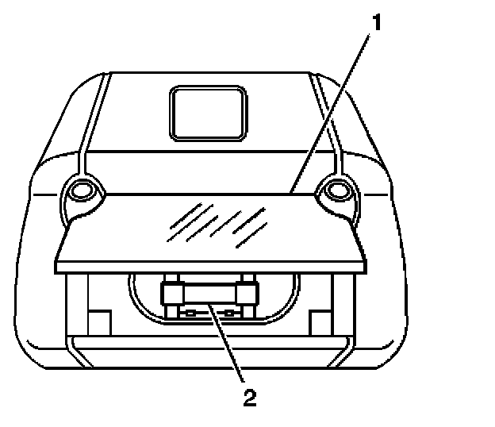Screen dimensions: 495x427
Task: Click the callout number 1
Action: coord(378,22)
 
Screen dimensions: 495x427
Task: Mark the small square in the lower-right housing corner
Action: coord(319,321)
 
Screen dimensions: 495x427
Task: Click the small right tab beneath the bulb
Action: coord(229,314)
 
